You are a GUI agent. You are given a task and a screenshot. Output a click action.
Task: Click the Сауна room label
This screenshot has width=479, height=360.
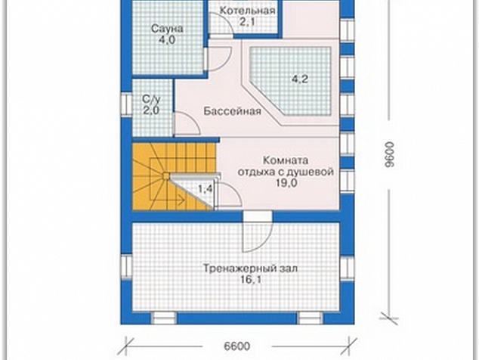click(168, 29)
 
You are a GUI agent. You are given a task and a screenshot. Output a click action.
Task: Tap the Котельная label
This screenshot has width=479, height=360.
click(247, 11)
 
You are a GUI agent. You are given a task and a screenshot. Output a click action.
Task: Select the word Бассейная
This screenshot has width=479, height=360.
click(232, 110)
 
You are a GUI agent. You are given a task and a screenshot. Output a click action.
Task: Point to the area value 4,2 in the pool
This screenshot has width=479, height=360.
click(300, 79)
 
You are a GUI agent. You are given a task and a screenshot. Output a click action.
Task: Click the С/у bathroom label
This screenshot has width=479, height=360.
click(151, 99)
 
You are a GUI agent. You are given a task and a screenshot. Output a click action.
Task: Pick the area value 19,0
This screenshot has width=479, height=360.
click(286, 183)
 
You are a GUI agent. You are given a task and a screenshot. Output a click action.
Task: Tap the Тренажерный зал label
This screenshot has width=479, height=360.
click(250, 268)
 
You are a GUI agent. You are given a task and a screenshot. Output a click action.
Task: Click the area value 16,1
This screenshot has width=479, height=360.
click(250, 280)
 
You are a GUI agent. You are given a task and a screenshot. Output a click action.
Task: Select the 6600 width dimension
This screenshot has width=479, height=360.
click(236, 346)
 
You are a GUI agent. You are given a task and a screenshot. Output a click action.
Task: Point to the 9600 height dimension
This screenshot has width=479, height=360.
click(390, 154)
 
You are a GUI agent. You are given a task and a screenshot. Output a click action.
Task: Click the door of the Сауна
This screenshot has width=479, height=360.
click(218, 59)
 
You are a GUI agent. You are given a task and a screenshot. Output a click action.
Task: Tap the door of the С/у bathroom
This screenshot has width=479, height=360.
click(187, 123)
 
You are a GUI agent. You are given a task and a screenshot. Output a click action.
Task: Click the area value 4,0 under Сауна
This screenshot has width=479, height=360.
click(168, 40)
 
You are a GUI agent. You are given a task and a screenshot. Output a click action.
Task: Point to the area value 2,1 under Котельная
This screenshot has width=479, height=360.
click(246, 21)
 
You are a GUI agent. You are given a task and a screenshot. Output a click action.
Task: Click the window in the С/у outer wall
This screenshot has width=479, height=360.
click(126, 104)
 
